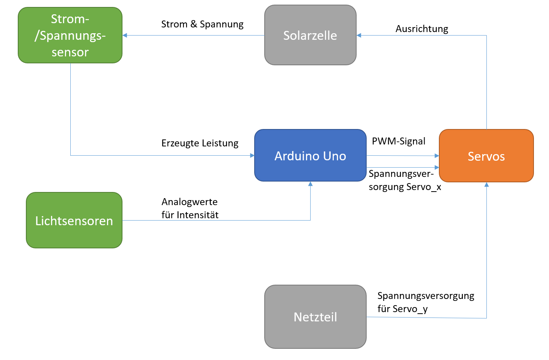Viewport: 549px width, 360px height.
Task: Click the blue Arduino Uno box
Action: tap(310, 155)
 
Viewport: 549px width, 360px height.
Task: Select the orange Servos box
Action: tap(486, 156)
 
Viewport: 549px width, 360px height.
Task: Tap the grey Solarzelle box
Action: tap(310, 35)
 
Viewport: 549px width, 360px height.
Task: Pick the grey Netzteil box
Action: tap(315, 317)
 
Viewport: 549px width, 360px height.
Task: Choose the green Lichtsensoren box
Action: tap(74, 220)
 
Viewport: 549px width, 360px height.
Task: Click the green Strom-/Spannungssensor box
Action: tap(70, 35)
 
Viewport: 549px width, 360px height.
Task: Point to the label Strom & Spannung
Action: tap(202, 24)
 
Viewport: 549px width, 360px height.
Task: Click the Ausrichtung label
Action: tap(422, 29)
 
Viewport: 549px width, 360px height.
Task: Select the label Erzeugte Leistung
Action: tap(200, 143)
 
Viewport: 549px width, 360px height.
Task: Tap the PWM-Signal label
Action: tap(398, 141)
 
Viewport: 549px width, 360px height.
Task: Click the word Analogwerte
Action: tap(189, 202)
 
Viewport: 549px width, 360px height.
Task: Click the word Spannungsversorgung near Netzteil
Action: tap(426, 296)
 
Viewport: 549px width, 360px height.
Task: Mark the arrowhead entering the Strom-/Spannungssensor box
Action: tap(125, 36)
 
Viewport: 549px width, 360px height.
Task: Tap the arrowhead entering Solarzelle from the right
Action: tap(359, 36)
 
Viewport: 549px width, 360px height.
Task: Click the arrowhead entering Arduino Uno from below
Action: tap(310, 184)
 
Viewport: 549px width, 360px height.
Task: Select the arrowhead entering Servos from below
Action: tap(486, 185)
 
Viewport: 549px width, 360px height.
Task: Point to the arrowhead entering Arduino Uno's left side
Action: tap(252, 156)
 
